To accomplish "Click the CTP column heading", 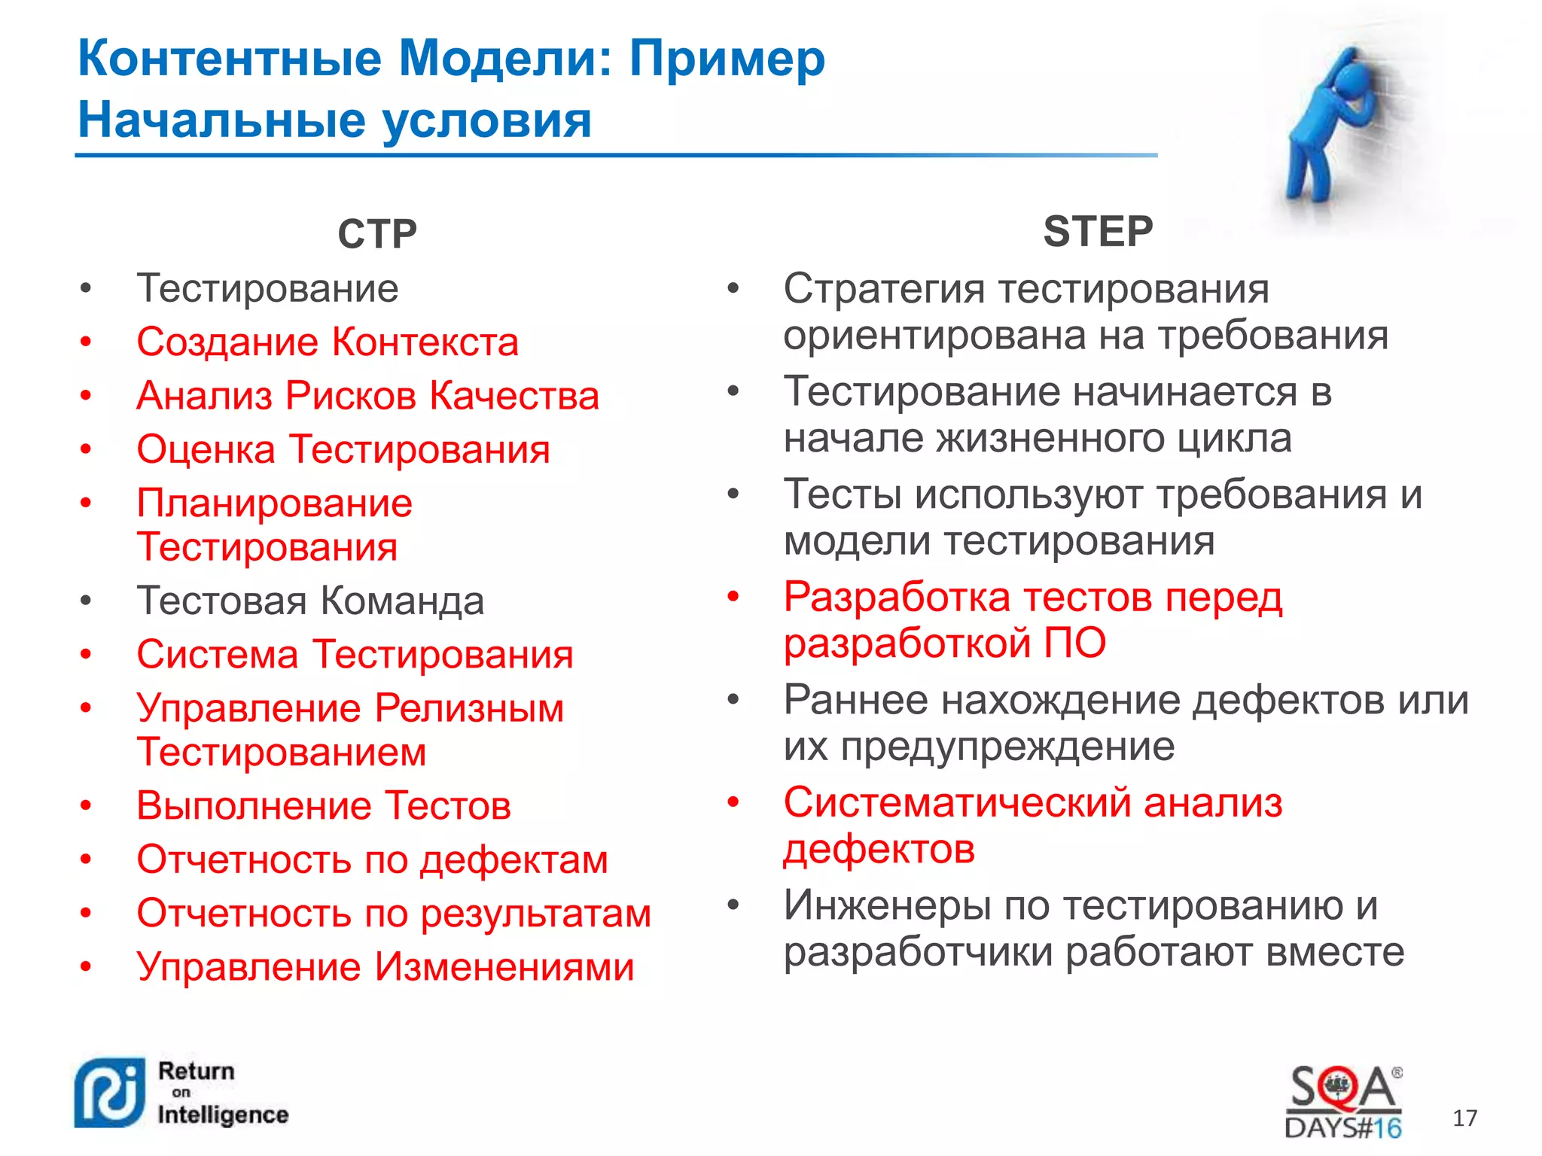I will point(376,234).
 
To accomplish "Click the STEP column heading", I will point(1098,231).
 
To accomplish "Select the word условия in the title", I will point(487,120).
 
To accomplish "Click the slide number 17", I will point(1464,1118).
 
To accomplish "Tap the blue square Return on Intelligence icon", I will point(110,1094).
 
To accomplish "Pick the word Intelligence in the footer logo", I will point(223,1115).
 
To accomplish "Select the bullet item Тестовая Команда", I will point(310,601).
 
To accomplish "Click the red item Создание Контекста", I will point(328,342).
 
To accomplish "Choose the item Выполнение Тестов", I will point(324,806).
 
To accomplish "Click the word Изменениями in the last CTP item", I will point(504,967).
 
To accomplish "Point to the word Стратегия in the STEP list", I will point(884,289).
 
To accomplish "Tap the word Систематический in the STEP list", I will point(957,802).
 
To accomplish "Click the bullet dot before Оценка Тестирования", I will point(87,449).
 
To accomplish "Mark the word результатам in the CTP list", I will point(535,914).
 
